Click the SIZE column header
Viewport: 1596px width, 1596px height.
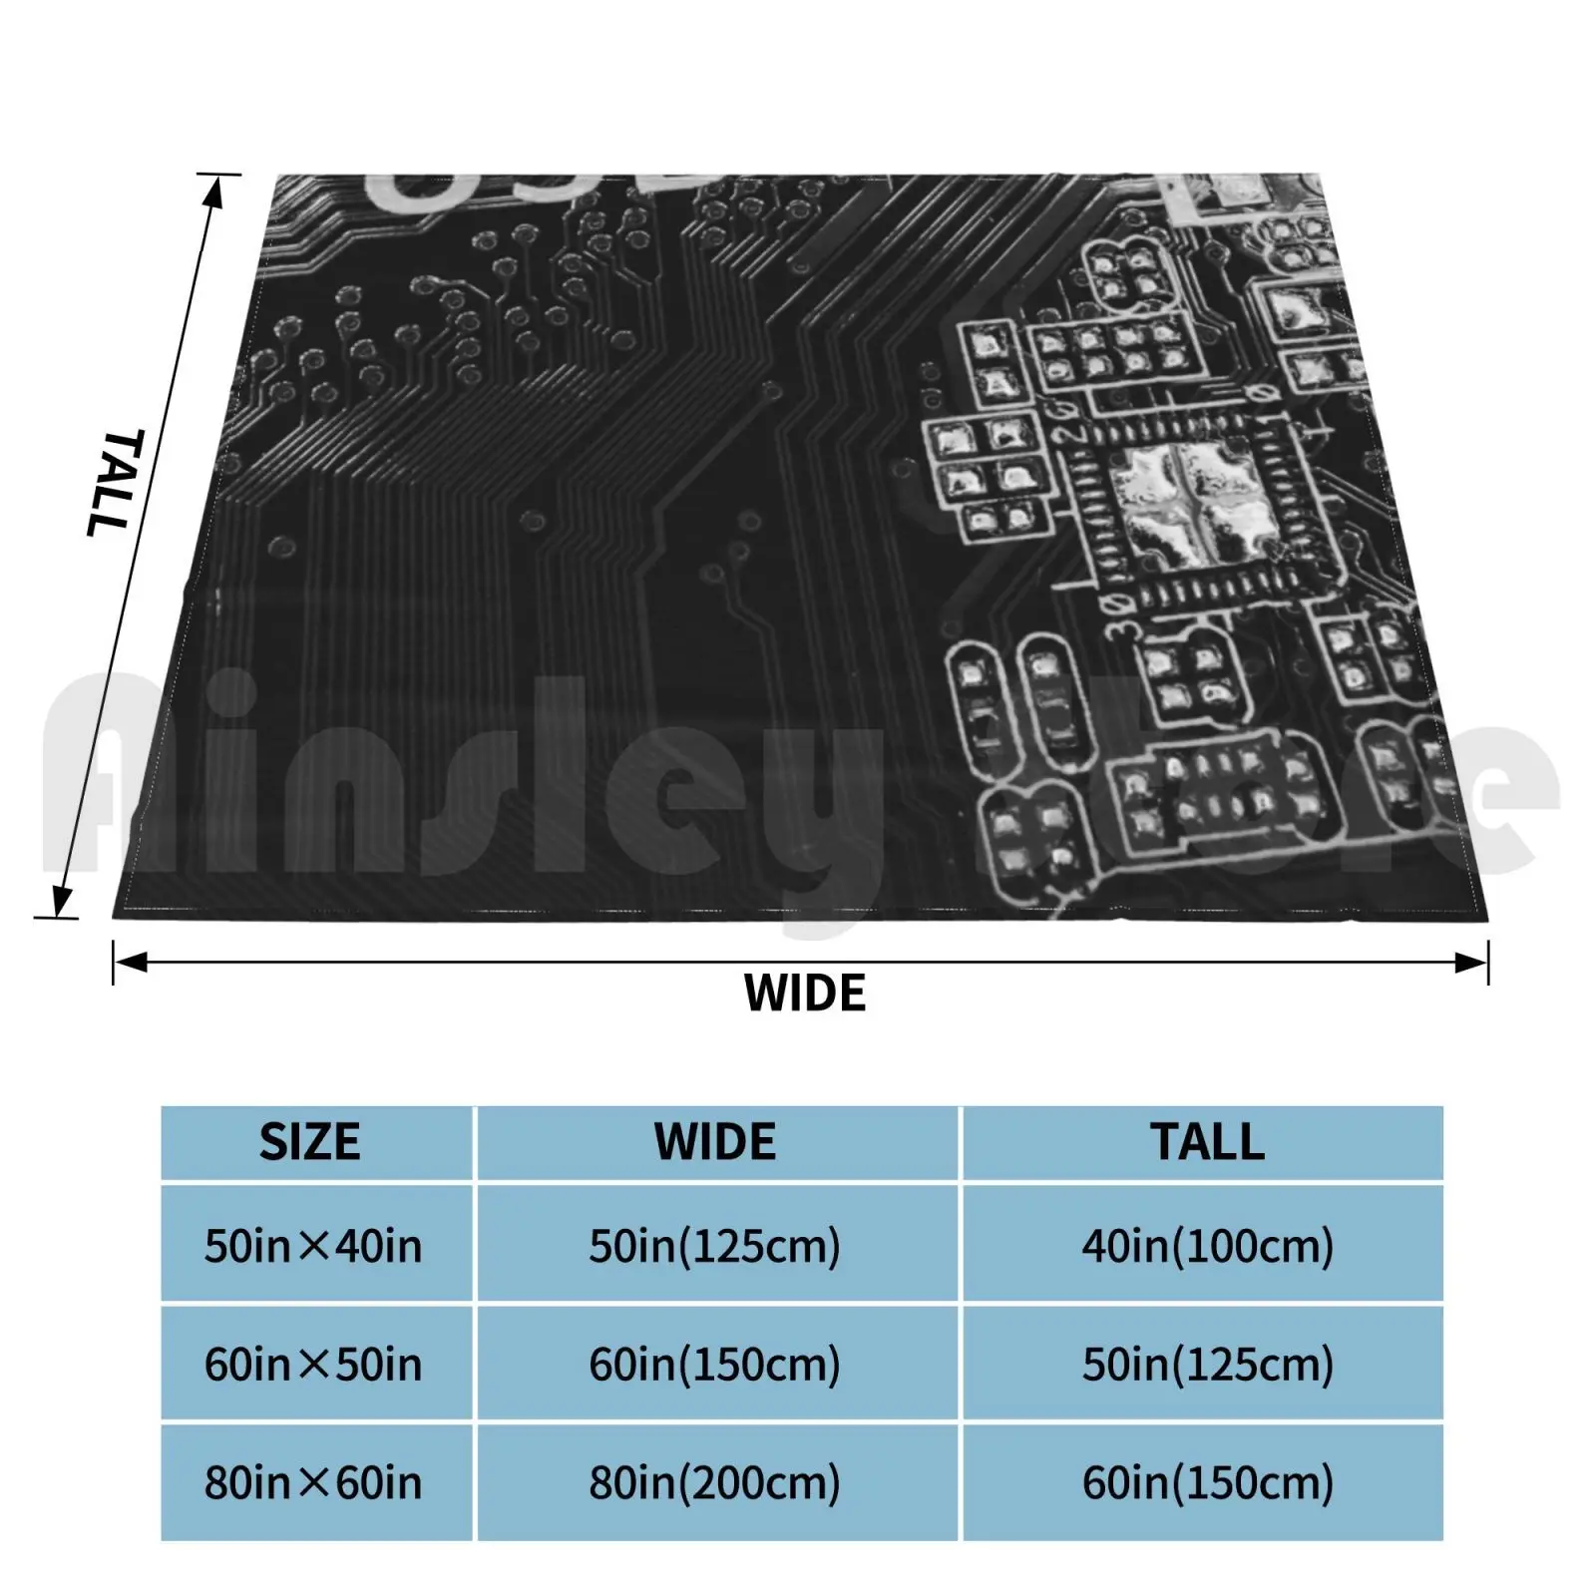[309, 1142]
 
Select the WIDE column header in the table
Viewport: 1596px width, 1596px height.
[715, 1142]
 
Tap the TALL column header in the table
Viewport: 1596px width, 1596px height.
[1207, 1142]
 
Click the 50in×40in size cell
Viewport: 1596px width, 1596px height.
[313, 1246]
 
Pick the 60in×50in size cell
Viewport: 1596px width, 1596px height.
[313, 1365]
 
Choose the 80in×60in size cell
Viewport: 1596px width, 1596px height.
[313, 1483]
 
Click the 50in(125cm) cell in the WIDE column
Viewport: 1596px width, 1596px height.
[715, 1246]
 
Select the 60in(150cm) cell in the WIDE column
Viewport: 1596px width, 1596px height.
[715, 1365]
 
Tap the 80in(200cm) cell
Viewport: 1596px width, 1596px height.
[715, 1483]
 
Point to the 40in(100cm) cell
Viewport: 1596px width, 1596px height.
[1207, 1246]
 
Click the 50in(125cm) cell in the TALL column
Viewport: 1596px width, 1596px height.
[1207, 1365]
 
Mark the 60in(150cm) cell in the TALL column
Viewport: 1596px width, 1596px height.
[1207, 1483]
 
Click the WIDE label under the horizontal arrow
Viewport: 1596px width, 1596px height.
[805, 994]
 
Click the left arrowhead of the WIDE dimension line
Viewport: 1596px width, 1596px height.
[130, 963]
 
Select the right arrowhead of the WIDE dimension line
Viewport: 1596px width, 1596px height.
[1472, 963]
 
